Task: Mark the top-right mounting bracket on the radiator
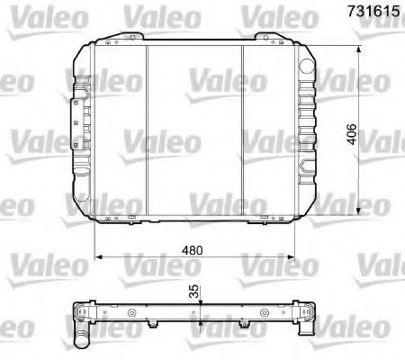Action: pyautogui.click(x=266, y=38)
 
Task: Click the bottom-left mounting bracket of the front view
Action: pyautogui.click(x=113, y=219)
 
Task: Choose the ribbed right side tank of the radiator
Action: pyautogui.click(x=305, y=126)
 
